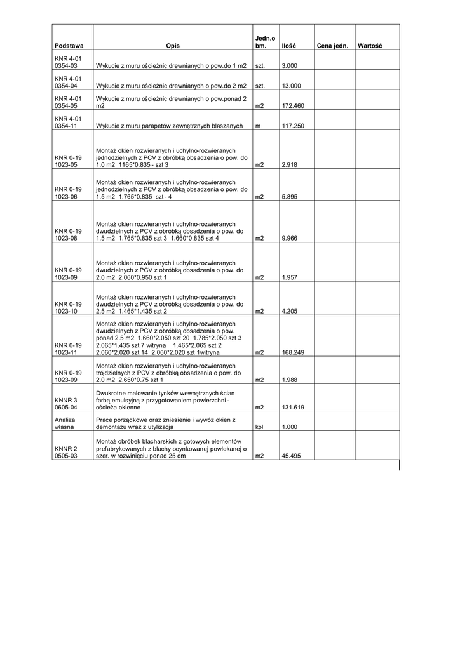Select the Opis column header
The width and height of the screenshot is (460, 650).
[x=173, y=46]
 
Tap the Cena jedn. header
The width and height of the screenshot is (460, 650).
[x=332, y=46]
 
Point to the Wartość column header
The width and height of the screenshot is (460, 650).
[x=369, y=46]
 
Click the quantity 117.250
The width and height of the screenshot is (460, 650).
[x=293, y=126]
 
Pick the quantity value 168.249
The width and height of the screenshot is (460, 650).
[x=293, y=352]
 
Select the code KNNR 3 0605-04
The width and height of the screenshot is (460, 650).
[x=66, y=404]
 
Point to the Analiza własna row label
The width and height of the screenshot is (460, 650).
[x=65, y=424]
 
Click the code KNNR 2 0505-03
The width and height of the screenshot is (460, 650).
[x=66, y=452]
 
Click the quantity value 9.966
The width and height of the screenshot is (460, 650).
[x=290, y=239]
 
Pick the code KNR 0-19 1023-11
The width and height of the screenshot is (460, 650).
[x=68, y=348]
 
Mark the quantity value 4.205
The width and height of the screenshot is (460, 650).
[x=290, y=312]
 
